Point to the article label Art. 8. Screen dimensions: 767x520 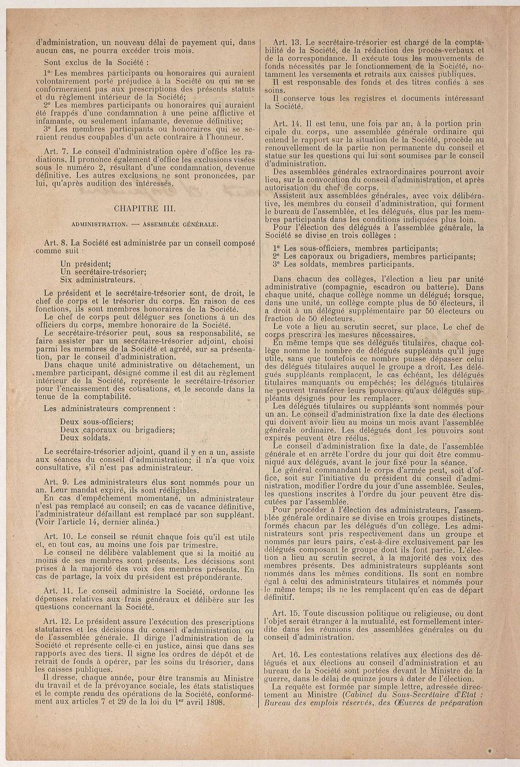54,241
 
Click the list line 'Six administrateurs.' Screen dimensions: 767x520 98,280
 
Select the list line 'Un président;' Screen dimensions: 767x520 82,264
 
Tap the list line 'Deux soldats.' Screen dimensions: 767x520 84,438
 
